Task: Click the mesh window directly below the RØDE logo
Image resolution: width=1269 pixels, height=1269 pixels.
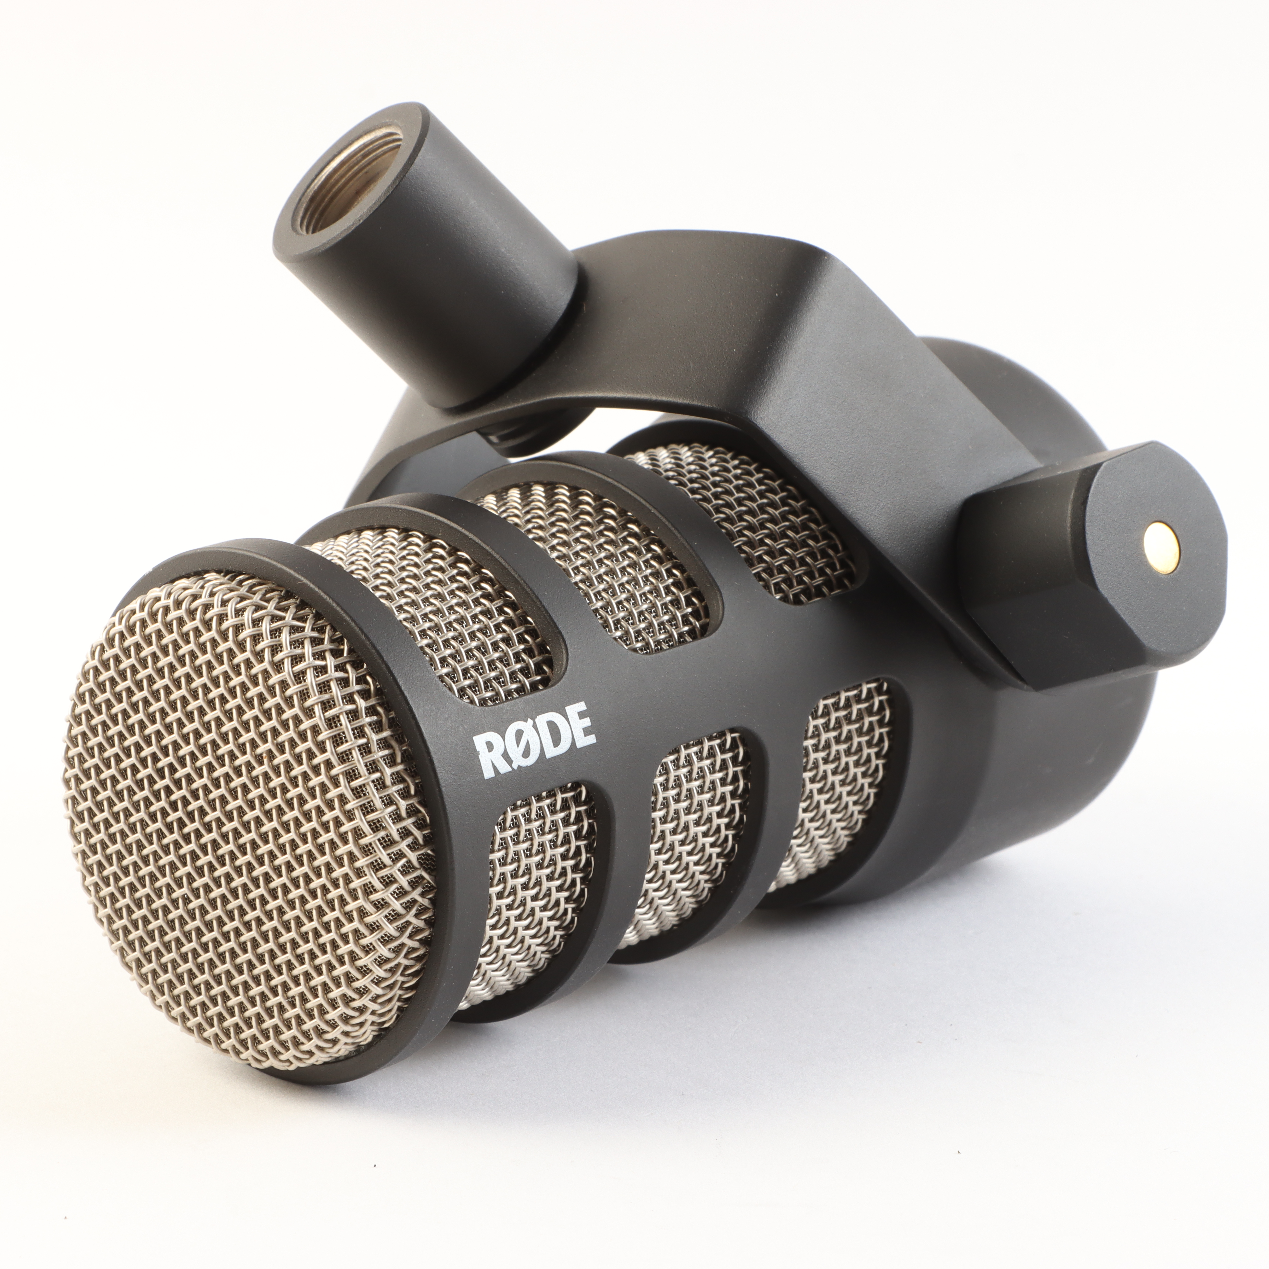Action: [532, 906]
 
